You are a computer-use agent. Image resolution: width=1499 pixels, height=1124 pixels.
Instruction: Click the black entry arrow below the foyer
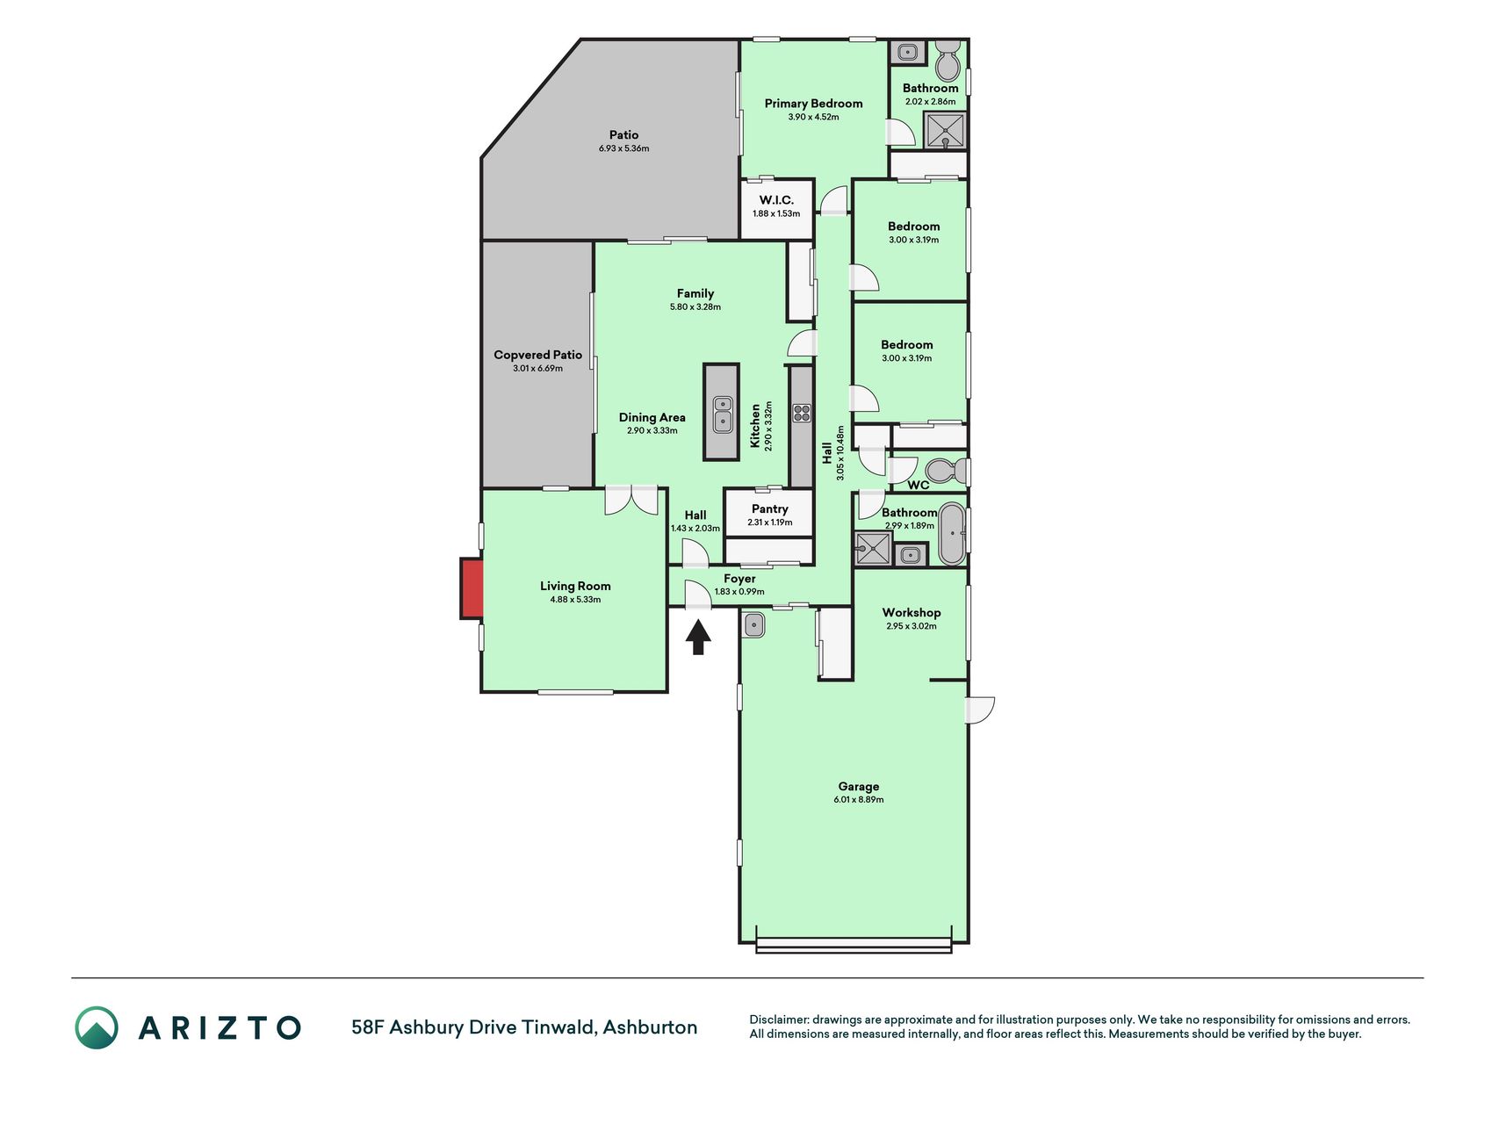click(x=698, y=638)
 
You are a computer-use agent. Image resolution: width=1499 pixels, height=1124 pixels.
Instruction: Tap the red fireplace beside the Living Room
click(x=472, y=588)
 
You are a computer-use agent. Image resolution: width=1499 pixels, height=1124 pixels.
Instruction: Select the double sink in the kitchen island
click(x=723, y=414)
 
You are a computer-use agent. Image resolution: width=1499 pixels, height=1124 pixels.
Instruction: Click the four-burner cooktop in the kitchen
click(x=801, y=413)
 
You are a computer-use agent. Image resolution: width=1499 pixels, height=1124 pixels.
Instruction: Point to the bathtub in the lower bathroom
click(x=952, y=533)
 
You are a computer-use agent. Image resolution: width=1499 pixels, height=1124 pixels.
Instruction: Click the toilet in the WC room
click(x=946, y=471)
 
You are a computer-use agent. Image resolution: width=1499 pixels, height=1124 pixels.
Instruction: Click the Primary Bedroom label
click(x=813, y=104)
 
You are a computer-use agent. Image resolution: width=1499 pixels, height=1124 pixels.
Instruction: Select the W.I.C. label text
click(x=776, y=200)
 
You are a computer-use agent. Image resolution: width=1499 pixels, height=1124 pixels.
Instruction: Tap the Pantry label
click(x=770, y=509)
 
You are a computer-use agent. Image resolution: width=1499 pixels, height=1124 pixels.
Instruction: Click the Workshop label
click(x=912, y=613)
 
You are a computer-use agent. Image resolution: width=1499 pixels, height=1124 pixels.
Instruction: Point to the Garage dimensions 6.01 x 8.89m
click(x=859, y=800)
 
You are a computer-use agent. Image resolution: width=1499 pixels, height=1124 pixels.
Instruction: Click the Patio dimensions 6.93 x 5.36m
click(x=624, y=148)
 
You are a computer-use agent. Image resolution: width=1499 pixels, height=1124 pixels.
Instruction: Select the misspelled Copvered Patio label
click(x=537, y=355)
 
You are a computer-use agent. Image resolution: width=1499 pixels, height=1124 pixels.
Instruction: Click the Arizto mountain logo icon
click(x=96, y=1027)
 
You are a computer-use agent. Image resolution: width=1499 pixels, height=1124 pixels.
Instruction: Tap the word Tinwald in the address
click(x=558, y=1027)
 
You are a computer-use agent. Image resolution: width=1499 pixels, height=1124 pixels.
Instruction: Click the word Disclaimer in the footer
click(x=779, y=1020)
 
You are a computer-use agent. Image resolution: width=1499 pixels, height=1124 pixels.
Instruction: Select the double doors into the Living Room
click(x=631, y=500)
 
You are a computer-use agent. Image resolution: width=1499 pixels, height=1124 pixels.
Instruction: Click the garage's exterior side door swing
click(x=980, y=710)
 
